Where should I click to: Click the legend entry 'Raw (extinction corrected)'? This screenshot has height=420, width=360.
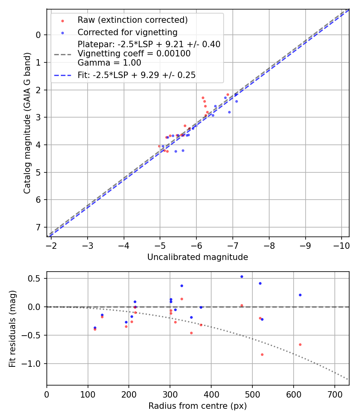(132, 20)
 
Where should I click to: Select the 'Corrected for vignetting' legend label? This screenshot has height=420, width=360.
(127, 32)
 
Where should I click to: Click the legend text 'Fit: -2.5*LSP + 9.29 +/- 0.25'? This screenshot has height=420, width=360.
(136, 75)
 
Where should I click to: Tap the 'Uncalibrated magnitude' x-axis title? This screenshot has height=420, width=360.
(198, 257)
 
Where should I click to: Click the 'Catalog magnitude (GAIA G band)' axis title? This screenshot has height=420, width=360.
(27, 123)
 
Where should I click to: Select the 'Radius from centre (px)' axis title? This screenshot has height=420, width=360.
(198, 406)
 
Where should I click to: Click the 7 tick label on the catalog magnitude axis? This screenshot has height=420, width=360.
(38, 227)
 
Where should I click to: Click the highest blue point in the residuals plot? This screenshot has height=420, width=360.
(242, 276)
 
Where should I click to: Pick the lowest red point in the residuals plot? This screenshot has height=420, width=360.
(262, 354)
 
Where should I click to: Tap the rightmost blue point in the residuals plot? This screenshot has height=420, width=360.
(300, 295)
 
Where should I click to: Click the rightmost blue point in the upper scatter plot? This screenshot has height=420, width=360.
(236, 101)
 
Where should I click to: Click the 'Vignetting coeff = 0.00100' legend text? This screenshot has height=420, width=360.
(134, 53)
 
